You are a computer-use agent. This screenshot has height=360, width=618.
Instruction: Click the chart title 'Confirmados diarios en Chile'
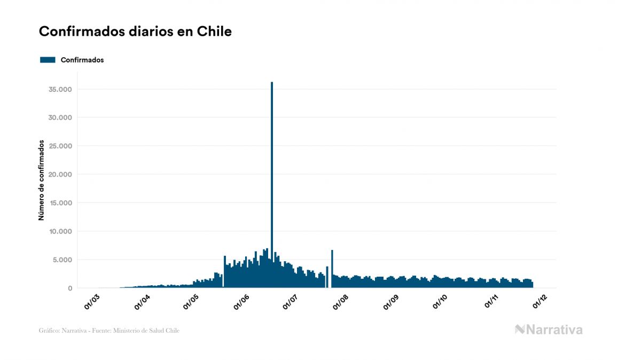135,32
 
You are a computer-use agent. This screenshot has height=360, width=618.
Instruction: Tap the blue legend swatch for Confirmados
48,60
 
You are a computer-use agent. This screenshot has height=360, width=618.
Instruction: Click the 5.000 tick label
61,260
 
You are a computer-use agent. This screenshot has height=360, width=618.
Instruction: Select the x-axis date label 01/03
92,302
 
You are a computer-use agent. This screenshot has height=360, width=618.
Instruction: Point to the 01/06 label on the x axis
242,302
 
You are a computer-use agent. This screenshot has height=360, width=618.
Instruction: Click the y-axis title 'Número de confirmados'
41,180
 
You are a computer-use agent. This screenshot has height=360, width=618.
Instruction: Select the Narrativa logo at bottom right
549,330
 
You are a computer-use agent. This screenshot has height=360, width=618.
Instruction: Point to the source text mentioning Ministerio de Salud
109,331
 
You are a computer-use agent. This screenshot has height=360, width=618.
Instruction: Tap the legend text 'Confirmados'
82,60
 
